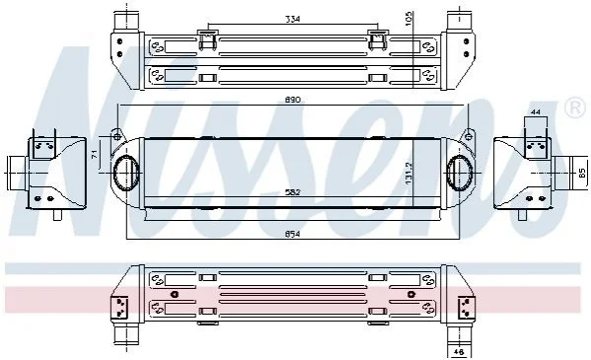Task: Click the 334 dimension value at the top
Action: [292, 19]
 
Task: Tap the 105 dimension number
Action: [409, 18]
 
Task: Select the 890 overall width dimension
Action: [293, 100]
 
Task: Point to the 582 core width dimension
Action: [293, 192]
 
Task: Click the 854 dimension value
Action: [293, 234]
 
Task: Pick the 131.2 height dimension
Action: [409, 174]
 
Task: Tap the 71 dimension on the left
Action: [95, 154]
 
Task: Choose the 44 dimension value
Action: [536, 111]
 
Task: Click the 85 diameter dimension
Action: [583, 173]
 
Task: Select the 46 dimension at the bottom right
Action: [459, 352]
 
